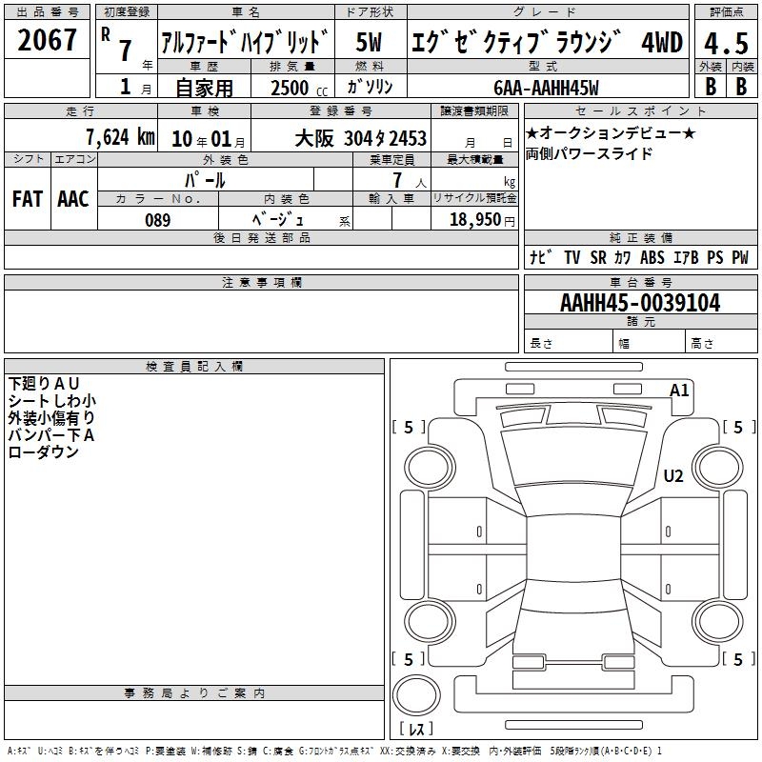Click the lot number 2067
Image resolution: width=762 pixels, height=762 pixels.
click(x=47, y=40)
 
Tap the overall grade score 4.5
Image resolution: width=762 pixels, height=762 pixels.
click(x=726, y=44)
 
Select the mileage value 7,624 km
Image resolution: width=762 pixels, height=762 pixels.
click(x=121, y=137)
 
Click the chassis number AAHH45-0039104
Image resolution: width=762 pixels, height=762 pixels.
click(x=640, y=303)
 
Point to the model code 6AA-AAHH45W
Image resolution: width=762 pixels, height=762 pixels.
click(x=546, y=88)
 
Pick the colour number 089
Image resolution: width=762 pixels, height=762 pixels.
click(x=158, y=220)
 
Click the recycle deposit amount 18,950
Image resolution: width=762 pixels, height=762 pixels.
click(x=475, y=220)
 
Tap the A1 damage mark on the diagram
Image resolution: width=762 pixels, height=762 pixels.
click(x=679, y=391)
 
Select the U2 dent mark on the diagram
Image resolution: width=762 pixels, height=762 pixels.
click(x=673, y=475)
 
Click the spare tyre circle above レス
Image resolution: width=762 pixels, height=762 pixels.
click(x=416, y=694)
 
